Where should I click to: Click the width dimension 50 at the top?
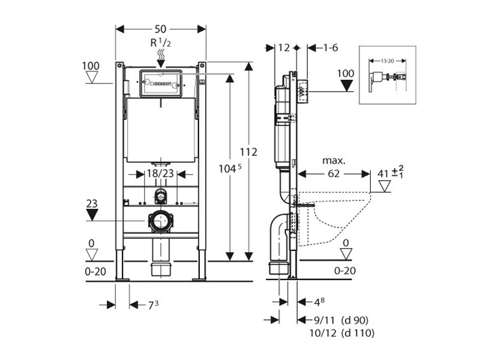(161, 29)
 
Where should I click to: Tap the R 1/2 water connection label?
(160, 44)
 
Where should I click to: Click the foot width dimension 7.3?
(153, 305)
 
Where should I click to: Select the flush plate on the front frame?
(160, 83)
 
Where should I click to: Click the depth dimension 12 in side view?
(284, 47)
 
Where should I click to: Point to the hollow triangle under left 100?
(92, 77)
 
